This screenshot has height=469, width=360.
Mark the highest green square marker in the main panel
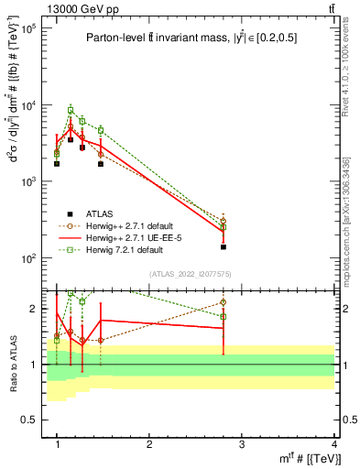[x=71, y=110]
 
